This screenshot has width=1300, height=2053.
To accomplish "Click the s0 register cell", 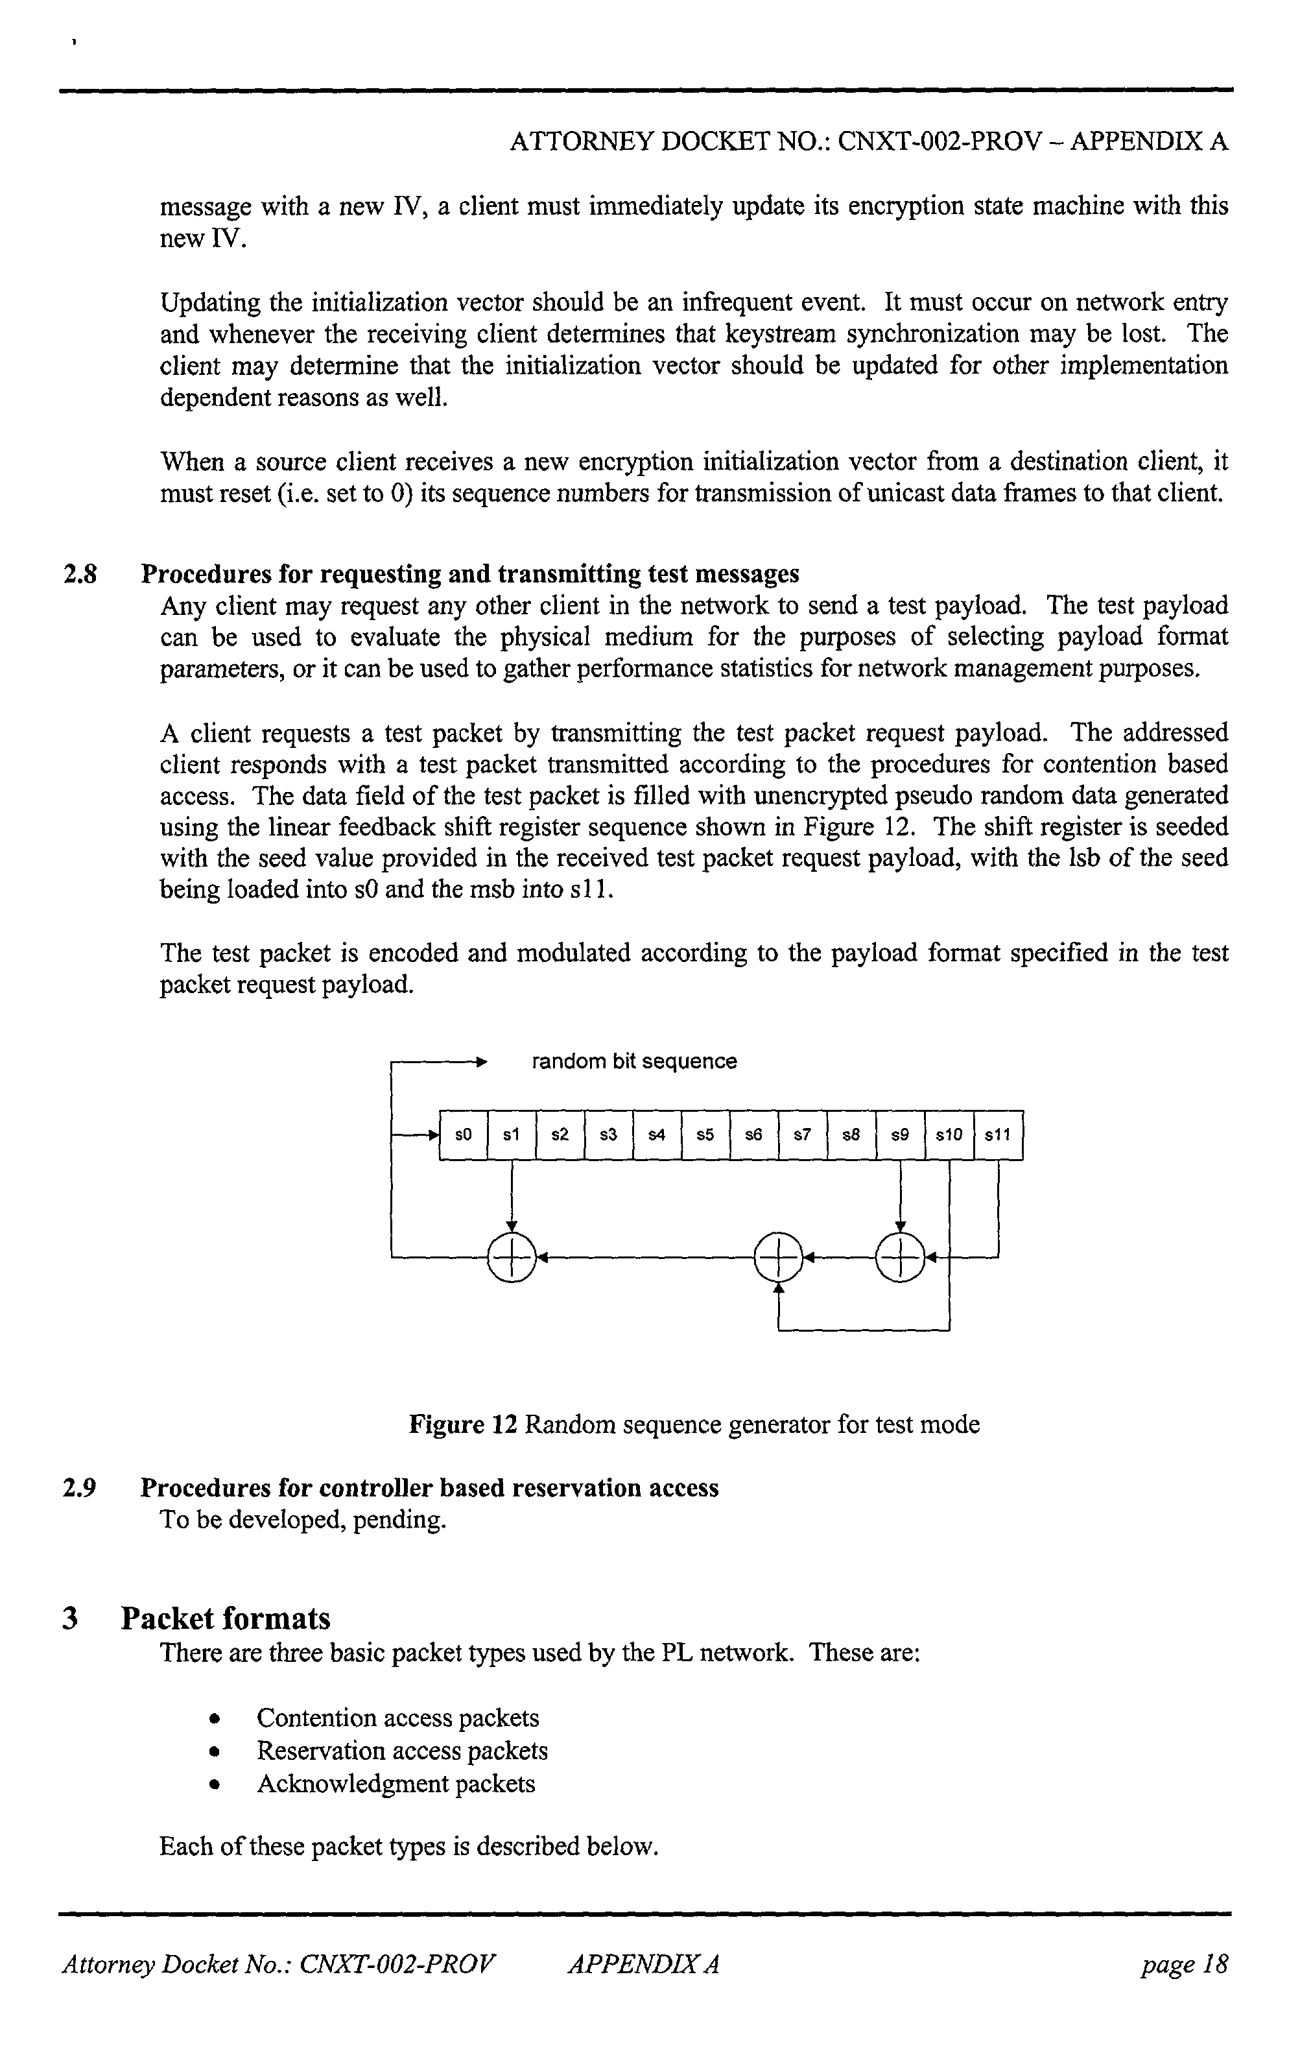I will tap(463, 1135).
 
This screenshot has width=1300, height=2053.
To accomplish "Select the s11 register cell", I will tap(997, 1135).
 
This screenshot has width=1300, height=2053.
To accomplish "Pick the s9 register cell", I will tap(900, 1135).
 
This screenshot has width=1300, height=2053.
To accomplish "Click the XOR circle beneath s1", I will tap(512, 1256).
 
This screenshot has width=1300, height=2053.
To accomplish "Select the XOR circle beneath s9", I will tap(900, 1256).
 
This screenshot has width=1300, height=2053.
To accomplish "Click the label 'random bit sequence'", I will tap(633, 1061).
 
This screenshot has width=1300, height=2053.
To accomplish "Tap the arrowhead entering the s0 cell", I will tap(432, 1135).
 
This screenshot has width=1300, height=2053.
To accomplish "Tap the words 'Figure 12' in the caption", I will tap(463, 1424).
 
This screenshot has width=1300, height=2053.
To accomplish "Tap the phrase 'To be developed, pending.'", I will tap(303, 1520).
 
